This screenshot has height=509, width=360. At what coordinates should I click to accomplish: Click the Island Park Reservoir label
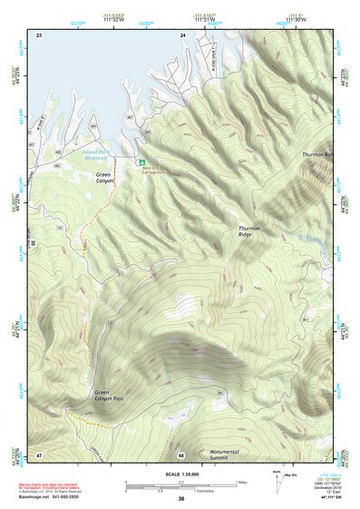pos(102,153)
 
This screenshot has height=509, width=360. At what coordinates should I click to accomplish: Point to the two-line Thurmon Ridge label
pos(249,231)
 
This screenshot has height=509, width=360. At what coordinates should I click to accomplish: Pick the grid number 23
pos(39,34)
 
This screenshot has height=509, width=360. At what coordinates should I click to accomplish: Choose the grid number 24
pos(182,34)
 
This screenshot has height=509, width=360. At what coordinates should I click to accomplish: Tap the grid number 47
pos(39,454)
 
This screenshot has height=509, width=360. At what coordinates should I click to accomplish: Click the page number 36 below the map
pos(181,499)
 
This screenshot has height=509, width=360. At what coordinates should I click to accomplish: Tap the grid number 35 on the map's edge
pos(33,243)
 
